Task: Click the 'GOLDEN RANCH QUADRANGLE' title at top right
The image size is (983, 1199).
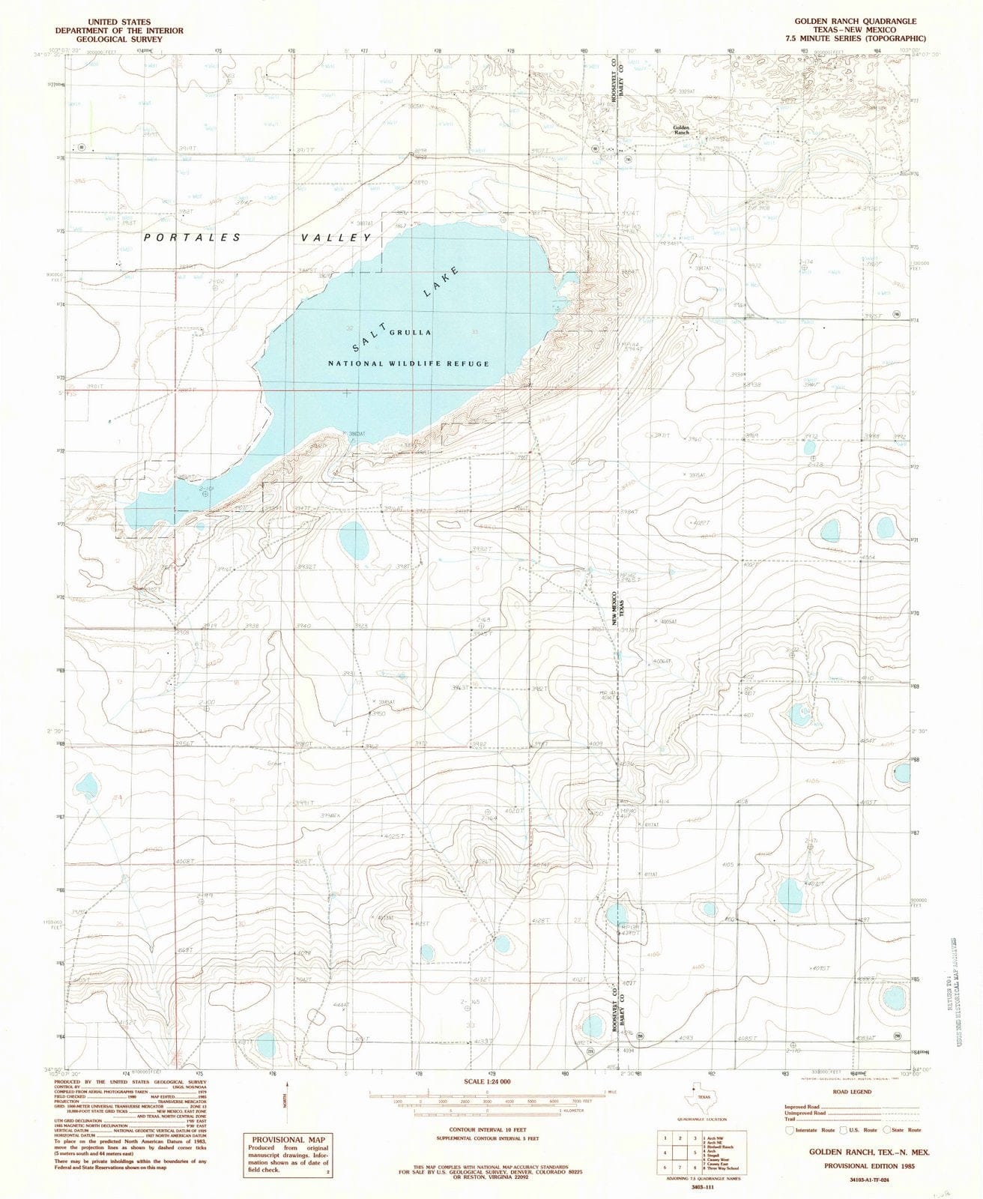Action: (x=852, y=22)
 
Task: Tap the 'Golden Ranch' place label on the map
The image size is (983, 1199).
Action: (x=681, y=130)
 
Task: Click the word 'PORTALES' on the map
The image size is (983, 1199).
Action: (x=193, y=238)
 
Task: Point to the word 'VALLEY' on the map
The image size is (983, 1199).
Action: (x=336, y=238)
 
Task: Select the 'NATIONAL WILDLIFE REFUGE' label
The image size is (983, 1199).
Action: (x=408, y=363)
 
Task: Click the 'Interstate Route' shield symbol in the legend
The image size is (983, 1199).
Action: (x=789, y=1130)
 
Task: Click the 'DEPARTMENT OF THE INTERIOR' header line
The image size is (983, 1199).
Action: (x=118, y=31)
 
